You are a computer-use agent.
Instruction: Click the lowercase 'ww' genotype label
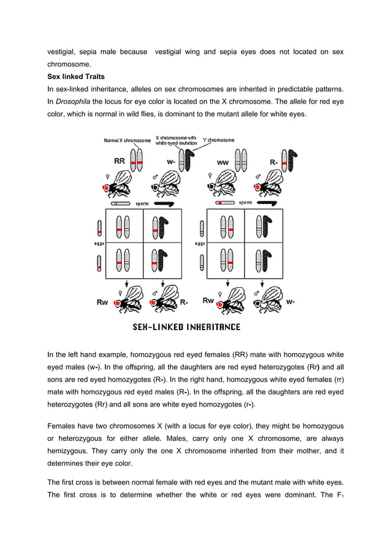click(223, 162)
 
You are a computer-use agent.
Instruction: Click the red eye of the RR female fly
click(107, 188)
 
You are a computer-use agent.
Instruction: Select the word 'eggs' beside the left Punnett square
click(97, 243)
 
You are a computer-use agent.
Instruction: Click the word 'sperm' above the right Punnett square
click(245, 202)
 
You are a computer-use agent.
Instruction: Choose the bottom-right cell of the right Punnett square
click(264, 260)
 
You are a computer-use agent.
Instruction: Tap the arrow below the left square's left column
click(124, 283)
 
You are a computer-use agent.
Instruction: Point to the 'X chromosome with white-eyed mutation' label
click(176, 140)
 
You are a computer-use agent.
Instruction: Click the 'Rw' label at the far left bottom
click(103, 302)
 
